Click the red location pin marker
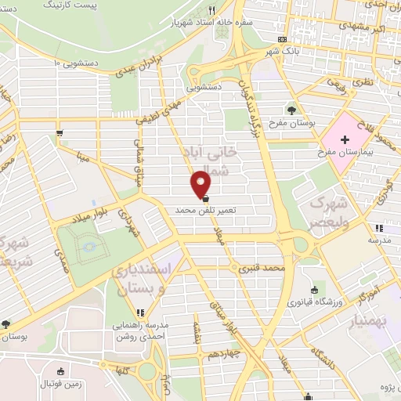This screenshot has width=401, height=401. pyautogui.click(x=202, y=184)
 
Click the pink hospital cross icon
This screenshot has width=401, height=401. pyautogui.click(x=344, y=138)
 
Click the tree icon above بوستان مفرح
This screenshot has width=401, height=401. pyautogui.click(x=291, y=110)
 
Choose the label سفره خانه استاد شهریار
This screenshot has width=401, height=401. pyautogui.click(x=204, y=23)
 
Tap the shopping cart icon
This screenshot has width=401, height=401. pyautogui.click(x=60, y=133)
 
